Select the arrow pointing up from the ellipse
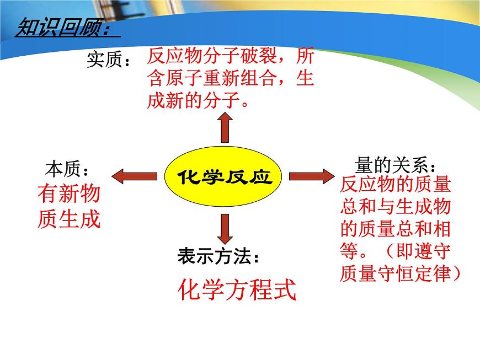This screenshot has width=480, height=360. point(225,128)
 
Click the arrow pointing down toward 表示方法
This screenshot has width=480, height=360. point(225,228)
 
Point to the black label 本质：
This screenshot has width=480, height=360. point(67,168)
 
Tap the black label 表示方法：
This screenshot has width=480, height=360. point(218,256)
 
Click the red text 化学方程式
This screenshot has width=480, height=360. point(237,289)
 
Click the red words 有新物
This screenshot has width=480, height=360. point(69,194)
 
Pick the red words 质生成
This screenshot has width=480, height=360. point(69,219)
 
